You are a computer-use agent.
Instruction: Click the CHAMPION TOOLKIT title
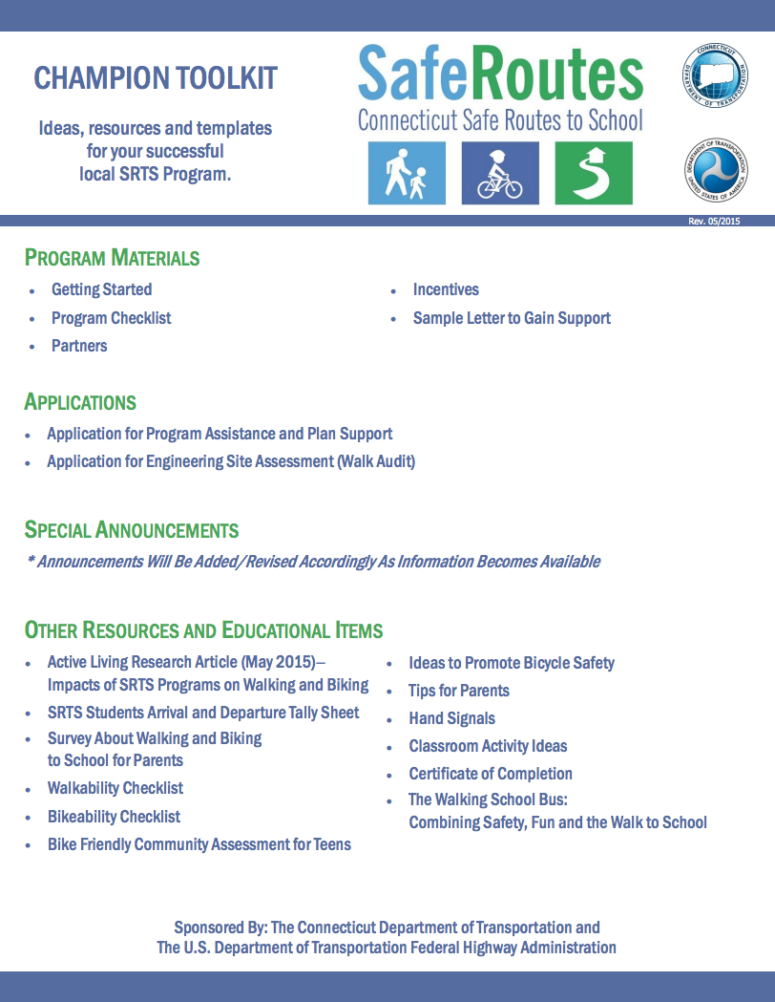tap(156, 78)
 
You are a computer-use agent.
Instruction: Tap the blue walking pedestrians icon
tap(407, 173)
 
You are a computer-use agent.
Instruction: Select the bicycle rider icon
tap(500, 173)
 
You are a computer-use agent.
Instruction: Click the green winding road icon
tap(594, 173)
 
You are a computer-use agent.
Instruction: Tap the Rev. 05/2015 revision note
tap(714, 222)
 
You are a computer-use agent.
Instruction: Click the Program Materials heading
tap(112, 258)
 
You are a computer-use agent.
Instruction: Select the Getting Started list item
tap(101, 289)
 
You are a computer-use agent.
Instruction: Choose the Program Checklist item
tap(111, 318)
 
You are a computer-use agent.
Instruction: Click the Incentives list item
tap(446, 289)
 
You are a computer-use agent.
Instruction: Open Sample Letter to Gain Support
tap(512, 318)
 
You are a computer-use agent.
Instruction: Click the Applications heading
tap(80, 402)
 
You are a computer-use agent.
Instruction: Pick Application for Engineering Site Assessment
tap(231, 462)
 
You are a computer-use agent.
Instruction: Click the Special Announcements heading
tap(132, 530)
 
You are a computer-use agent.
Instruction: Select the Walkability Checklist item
tap(115, 788)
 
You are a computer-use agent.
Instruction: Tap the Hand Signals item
tap(451, 718)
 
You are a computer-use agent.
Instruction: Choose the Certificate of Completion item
tap(491, 774)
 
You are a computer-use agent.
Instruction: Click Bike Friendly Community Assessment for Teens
tap(199, 844)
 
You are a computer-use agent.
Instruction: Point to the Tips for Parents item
tap(459, 691)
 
